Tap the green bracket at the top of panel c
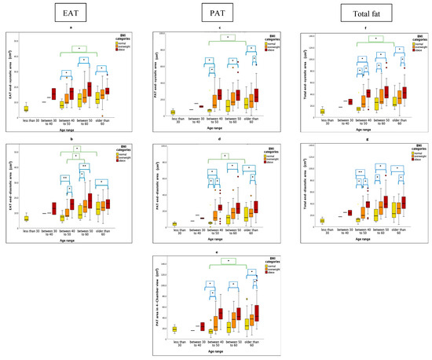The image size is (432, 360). (x=226, y=37)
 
